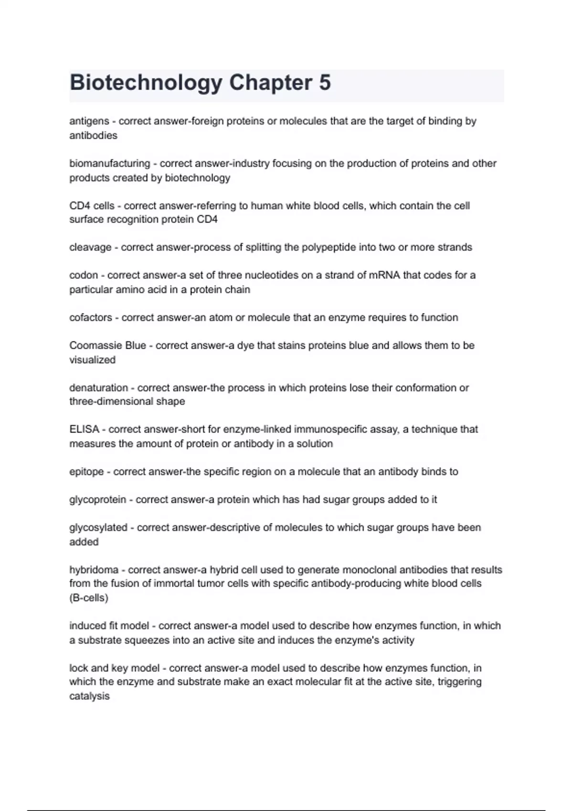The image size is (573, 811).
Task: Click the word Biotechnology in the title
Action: click(x=146, y=83)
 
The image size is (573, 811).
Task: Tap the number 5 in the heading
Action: click(x=324, y=83)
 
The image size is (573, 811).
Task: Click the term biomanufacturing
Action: click(x=109, y=164)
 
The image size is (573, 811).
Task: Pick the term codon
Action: click(x=84, y=275)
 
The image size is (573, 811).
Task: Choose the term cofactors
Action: click(x=91, y=318)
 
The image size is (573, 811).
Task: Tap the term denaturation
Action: click(x=98, y=388)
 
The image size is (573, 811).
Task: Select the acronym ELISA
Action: click(x=84, y=429)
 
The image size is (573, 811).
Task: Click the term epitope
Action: click(x=86, y=472)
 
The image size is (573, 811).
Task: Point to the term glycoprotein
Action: click(x=97, y=500)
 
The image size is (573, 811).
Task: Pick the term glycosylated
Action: click(x=98, y=528)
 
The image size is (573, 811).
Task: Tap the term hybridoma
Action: click(x=94, y=570)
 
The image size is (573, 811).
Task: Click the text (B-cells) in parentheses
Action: click(x=89, y=598)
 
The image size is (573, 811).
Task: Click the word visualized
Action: click(x=92, y=360)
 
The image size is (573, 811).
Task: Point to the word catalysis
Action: click(x=89, y=696)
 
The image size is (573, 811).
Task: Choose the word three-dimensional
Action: click(x=127, y=402)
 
